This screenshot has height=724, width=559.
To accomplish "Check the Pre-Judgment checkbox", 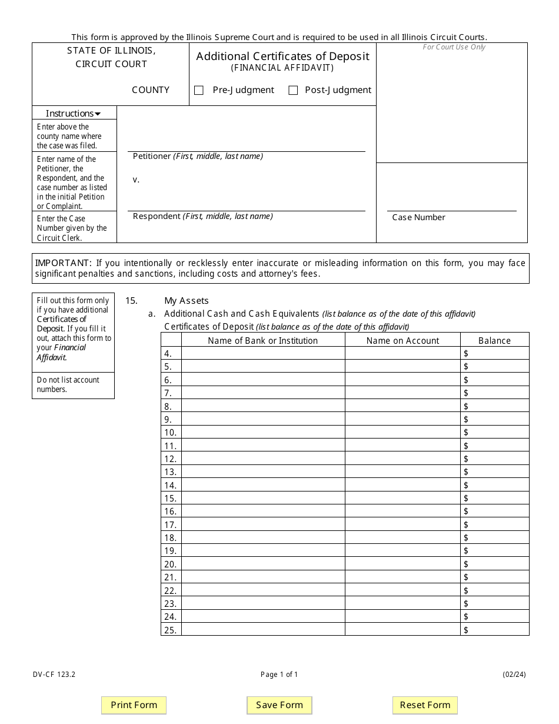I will tap(199, 91).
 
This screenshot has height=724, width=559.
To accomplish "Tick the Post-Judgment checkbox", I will tap(293, 91).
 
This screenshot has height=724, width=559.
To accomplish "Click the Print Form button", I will tap(134, 705).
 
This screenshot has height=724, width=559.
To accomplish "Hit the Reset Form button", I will tap(425, 705).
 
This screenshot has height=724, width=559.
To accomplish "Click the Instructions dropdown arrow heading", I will tap(74, 113).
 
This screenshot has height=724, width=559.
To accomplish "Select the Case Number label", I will tap(418, 217).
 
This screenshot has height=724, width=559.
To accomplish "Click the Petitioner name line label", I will tap(198, 157).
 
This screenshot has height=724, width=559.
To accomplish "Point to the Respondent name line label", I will tap(202, 216).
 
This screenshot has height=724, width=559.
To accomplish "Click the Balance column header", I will tap(494, 340).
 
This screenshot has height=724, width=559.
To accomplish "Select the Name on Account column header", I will tap(402, 340).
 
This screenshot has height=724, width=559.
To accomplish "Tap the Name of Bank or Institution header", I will tap(262, 340).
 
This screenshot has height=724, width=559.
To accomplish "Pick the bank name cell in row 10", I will tap(262, 432).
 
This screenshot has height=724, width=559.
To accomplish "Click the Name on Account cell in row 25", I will tap(402, 629).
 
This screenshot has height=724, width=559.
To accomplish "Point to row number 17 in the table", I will tap(171, 524).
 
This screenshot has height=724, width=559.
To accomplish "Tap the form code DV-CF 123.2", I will tap(54, 675).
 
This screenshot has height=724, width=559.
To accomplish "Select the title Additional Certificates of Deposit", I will tap(282, 56).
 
